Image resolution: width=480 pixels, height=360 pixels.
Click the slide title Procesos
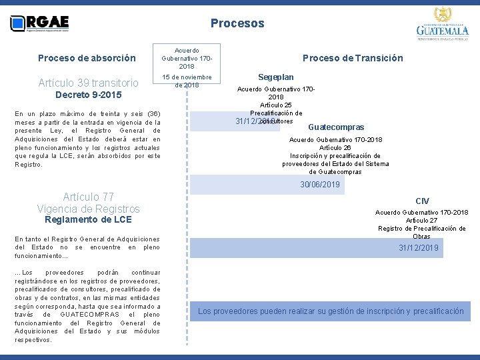237,23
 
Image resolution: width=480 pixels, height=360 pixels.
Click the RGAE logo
40,24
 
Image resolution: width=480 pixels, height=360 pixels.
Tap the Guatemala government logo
442,25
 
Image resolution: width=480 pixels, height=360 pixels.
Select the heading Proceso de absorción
87,58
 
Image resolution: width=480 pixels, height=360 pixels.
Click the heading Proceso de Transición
353,58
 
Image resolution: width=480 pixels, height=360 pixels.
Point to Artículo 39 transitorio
88,83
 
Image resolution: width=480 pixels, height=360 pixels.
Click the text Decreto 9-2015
88,95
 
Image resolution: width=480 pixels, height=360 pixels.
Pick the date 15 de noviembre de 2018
187,81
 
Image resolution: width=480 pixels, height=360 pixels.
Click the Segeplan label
276,77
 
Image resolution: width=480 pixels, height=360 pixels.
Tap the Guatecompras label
336,127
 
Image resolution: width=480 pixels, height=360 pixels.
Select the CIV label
422,201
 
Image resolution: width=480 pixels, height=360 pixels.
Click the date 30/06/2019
320,185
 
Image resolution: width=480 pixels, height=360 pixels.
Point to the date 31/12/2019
419,248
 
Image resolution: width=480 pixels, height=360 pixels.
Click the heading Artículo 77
88,197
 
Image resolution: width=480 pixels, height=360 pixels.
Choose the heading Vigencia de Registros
88,209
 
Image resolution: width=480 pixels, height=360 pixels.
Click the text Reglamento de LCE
88,219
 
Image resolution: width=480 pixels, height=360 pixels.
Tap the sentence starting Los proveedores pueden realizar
331,311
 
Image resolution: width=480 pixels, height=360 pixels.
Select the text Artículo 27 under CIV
421,221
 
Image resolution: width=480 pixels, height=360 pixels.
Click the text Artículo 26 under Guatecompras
335,148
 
